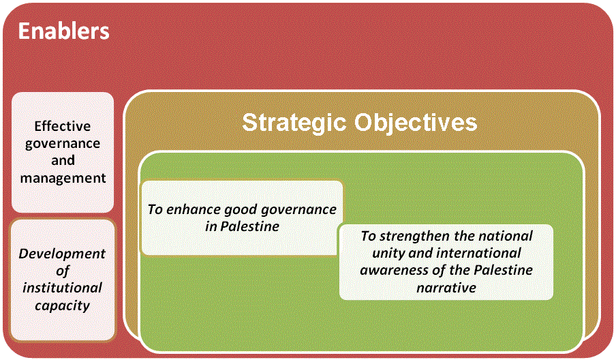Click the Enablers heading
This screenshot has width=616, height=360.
click(x=63, y=31)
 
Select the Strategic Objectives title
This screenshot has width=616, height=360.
click(x=360, y=123)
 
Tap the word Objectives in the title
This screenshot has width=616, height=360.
click(x=416, y=123)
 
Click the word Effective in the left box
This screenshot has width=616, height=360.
click(x=63, y=126)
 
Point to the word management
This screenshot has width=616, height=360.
click(x=63, y=179)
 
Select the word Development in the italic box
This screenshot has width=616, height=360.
click(x=62, y=254)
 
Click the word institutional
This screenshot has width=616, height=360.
click(x=62, y=288)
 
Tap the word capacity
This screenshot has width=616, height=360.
click(x=63, y=305)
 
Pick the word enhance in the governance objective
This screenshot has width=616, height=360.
click(x=194, y=209)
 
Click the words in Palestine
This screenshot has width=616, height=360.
click(x=242, y=226)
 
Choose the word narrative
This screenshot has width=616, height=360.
click(x=446, y=288)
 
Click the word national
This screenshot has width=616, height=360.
click(x=507, y=236)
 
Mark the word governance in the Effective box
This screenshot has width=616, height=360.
click(x=63, y=144)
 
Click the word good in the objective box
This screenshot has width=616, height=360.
click(x=241, y=210)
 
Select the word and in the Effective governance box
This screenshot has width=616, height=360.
click(x=63, y=160)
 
